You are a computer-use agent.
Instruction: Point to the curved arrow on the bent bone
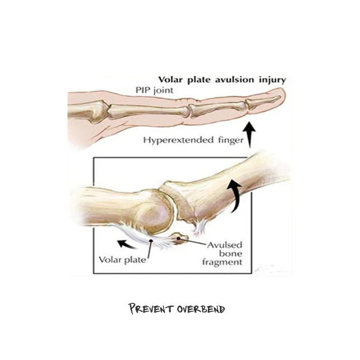(234, 195)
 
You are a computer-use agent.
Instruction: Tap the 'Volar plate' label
(121, 260)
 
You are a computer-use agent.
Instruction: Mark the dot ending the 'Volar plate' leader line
(152, 241)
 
